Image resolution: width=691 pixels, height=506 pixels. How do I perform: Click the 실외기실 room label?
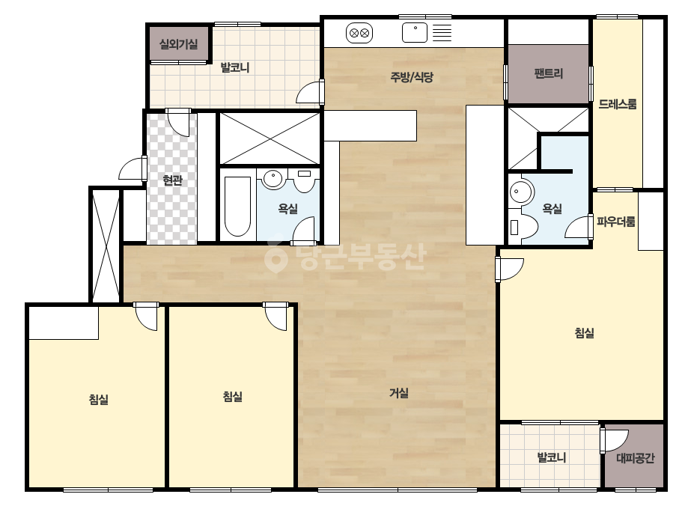[178, 44]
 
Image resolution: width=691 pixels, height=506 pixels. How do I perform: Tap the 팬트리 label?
[549, 73]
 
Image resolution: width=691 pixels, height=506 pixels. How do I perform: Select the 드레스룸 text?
[618, 104]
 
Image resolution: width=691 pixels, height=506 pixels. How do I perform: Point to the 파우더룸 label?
[616, 222]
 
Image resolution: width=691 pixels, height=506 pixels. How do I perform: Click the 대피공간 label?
[635, 458]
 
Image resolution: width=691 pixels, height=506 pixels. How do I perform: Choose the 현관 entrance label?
[172, 180]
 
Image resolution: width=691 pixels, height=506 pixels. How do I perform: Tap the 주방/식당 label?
[412, 77]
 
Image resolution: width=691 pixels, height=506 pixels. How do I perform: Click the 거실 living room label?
[399, 393]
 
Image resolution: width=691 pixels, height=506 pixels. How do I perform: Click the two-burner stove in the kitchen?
[359, 33]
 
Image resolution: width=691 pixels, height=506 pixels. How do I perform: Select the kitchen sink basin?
[415, 33]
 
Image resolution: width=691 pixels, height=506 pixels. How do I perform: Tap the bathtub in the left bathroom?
[237, 207]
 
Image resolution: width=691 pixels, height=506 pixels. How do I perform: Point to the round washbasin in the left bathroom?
[273, 180]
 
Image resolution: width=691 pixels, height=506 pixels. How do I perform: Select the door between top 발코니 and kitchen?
[310, 91]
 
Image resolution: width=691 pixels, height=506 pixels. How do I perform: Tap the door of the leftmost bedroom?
[146, 316]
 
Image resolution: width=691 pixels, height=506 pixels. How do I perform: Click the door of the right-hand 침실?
[509, 269]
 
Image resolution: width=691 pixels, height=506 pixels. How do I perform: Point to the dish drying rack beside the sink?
[442, 33]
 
